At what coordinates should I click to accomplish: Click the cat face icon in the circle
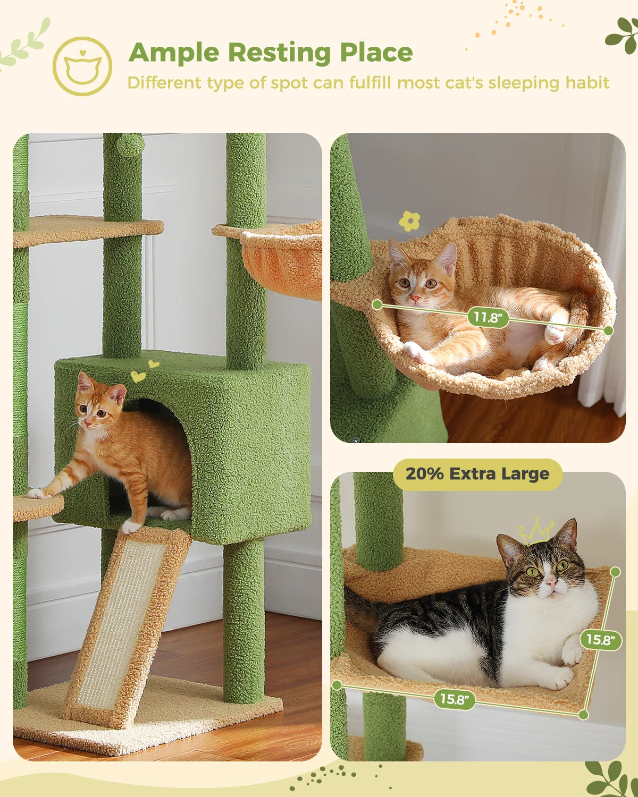[x=82, y=66]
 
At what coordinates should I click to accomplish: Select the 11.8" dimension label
[x=488, y=317]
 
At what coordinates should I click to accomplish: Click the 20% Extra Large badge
[x=477, y=474]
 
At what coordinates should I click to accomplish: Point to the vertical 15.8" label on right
[x=601, y=639]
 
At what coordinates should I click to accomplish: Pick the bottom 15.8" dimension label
[x=454, y=699]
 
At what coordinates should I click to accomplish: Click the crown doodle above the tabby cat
[x=536, y=531]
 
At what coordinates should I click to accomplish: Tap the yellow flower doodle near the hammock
[x=409, y=221]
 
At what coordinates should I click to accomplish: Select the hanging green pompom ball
[x=130, y=144]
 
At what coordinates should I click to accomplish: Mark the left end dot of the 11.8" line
[x=377, y=304]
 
